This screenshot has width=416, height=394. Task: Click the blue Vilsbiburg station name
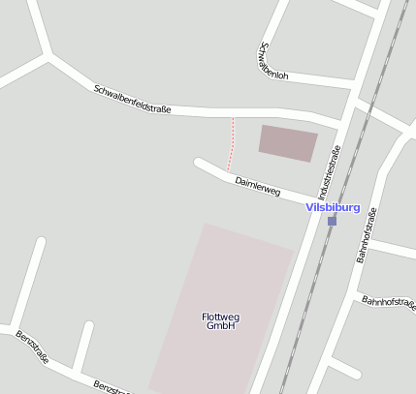[333, 207]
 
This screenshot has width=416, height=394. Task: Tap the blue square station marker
[332, 221]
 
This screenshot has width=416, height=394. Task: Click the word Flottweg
[220, 317]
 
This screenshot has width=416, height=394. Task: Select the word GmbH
[221, 326]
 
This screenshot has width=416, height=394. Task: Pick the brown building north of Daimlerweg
[288, 143]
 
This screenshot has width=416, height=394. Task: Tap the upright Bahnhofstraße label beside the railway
[368, 236]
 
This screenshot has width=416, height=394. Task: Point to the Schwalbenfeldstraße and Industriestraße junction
[345, 121]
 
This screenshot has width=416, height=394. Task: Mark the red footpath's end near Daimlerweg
[228, 169]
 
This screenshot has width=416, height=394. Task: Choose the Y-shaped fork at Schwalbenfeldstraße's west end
[48, 55]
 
